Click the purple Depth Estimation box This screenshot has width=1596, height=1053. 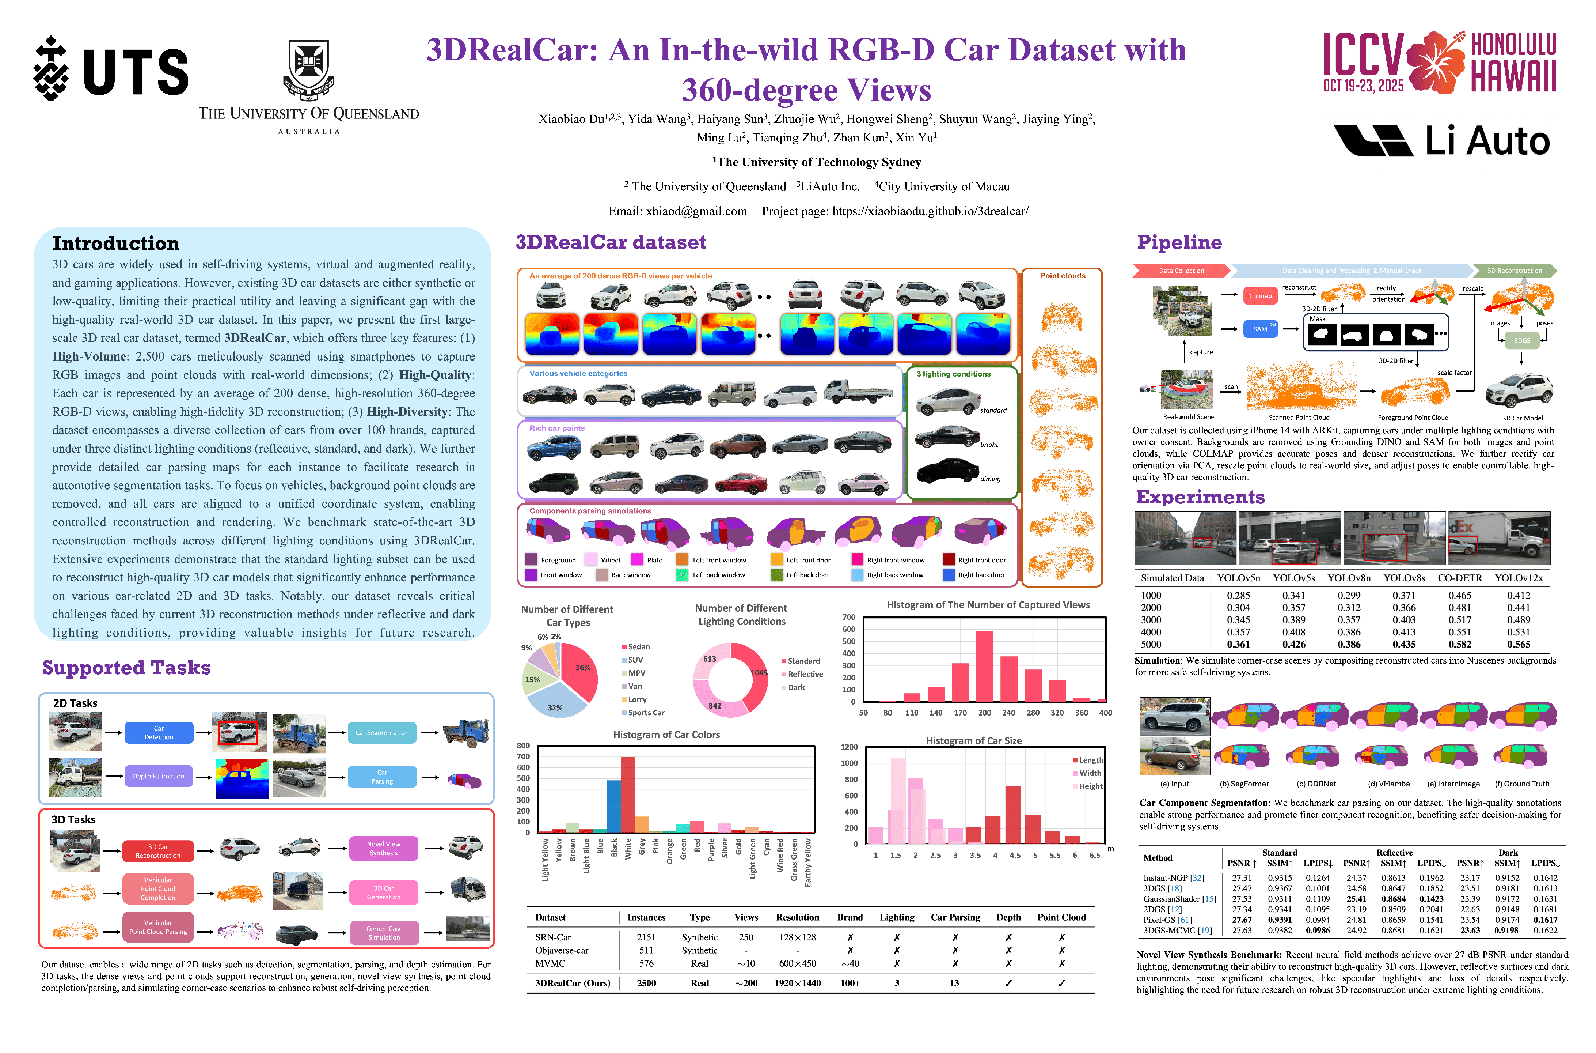pyautogui.click(x=158, y=776)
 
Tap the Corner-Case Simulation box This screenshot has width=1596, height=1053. pyautogui.click(x=384, y=933)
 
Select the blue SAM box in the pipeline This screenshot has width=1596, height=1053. pyautogui.click(x=1260, y=329)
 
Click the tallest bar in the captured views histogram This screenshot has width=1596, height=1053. pyautogui.click(x=985, y=666)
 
